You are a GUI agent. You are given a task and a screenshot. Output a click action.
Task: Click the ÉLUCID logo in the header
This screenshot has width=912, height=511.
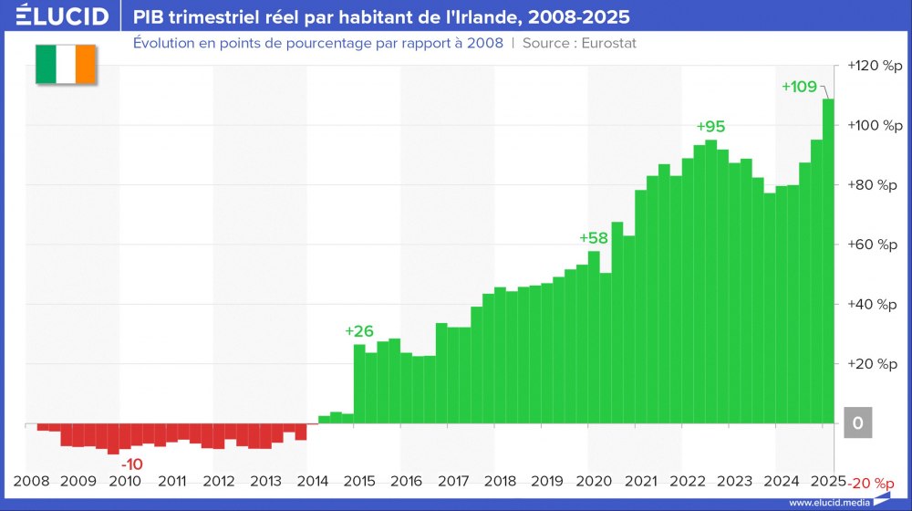pyautogui.click(x=57, y=16)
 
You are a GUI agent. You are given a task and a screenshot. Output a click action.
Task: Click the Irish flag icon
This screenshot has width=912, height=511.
pyautogui.click(x=65, y=64)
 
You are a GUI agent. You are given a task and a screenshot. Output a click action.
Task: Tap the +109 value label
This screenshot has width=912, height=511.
pyautogui.click(x=799, y=87)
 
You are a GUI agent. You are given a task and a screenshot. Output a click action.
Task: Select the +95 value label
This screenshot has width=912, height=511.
pyautogui.click(x=710, y=127)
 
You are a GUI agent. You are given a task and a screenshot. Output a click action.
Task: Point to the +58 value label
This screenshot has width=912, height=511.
pyautogui.click(x=594, y=238)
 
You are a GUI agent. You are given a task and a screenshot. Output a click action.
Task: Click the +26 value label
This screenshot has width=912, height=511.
pyautogui.click(x=359, y=331)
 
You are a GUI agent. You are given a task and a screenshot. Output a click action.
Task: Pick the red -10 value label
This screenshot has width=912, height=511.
pyautogui.click(x=132, y=464)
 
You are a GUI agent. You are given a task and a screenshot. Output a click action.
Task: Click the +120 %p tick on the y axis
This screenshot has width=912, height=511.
pyautogui.click(x=873, y=66)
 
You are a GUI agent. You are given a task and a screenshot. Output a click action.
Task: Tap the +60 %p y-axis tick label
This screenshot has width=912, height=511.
pyautogui.click(x=873, y=245)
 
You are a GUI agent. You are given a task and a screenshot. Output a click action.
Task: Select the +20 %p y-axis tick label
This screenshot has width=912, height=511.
pyautogui.click(x=873, y=364)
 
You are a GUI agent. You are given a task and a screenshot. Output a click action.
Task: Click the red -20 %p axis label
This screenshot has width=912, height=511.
pyautogui.click(x=873, y=483)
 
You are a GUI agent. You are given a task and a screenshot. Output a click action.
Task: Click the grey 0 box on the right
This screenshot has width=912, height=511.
pyautogui.click(x=857, y=423)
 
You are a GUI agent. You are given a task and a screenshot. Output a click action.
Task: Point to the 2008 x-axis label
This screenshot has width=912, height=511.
pyautogui.click(x=32, y=481)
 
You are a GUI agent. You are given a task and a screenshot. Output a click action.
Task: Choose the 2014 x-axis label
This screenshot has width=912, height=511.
pyautogui.click(x=313, y=481)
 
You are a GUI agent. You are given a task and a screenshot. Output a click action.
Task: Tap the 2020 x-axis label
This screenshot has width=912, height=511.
pyautogui.click(x=594, y=481)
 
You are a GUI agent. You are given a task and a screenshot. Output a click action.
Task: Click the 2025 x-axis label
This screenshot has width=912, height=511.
pyautogui.click(x=827, y=481)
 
